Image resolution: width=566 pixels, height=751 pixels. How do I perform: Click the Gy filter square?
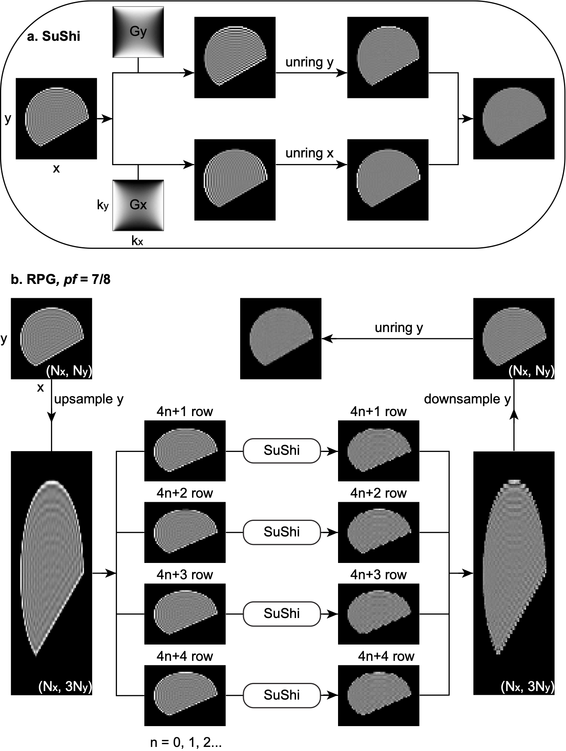(138, 32)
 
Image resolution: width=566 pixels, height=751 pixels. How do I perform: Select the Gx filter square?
(138, 205)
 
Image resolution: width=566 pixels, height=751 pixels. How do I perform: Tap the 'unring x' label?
(310, 153)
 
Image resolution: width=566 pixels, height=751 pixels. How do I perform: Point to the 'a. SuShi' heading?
(53, 36)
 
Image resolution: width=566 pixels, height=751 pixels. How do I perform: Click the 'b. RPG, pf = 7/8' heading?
(61, 279)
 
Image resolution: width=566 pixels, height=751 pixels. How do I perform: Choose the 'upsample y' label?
(88, 399)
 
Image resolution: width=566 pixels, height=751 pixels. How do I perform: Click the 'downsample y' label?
(467, 399)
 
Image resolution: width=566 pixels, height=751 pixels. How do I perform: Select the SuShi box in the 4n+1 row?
(282, 450)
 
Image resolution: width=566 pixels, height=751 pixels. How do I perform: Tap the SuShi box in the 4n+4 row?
(282, 695)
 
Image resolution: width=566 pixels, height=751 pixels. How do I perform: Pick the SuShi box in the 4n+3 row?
(282, 614)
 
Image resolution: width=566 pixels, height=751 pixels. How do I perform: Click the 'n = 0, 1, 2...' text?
(186, 742)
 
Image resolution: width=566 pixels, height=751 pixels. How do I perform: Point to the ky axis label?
(103, 205)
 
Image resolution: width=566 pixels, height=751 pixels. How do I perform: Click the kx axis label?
(137, 241)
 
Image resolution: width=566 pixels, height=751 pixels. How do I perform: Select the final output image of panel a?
(514, 118)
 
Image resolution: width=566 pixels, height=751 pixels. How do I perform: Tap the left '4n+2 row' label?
(185, 493)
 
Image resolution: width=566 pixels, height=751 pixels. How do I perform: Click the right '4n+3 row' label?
(378, 575)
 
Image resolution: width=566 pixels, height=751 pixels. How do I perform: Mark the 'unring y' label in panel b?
(399, 328)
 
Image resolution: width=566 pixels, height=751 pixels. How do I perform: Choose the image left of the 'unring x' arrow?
(235, 179)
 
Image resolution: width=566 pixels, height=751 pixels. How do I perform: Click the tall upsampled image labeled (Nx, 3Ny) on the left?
(51, 573)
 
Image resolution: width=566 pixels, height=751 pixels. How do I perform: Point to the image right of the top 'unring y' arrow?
(388, 57)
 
